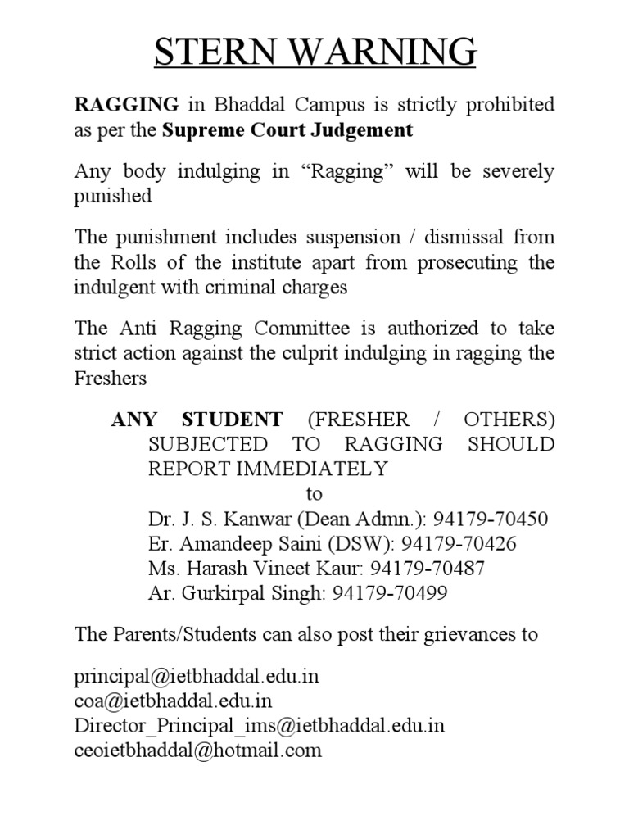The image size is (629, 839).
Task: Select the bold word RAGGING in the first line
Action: coord(127,105)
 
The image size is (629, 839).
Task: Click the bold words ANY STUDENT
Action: coord(197,420)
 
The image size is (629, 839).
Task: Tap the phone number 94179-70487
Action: coord(428,568)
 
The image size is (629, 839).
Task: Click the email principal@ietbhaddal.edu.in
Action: coord(197,678)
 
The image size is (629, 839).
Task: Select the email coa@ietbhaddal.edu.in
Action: coord(173,701)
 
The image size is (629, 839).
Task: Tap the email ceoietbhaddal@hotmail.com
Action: coord(198,750)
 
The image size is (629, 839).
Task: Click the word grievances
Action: coord(452,635)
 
